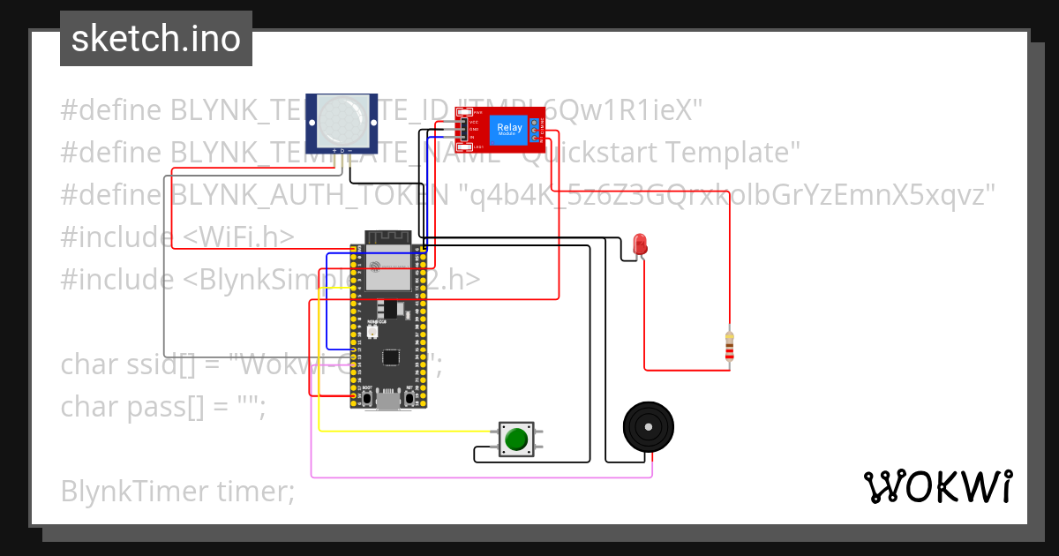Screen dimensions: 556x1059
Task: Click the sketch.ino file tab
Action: point(156,39)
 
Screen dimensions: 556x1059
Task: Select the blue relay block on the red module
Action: point(509,129)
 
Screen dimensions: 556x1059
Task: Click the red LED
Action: point(640,244)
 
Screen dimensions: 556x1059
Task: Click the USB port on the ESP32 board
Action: point(387,402)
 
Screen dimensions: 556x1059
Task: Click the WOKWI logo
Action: point(937,486)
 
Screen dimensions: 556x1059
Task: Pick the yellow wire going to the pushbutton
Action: point(406,431)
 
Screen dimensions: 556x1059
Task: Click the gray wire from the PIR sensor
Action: point(165,265)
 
